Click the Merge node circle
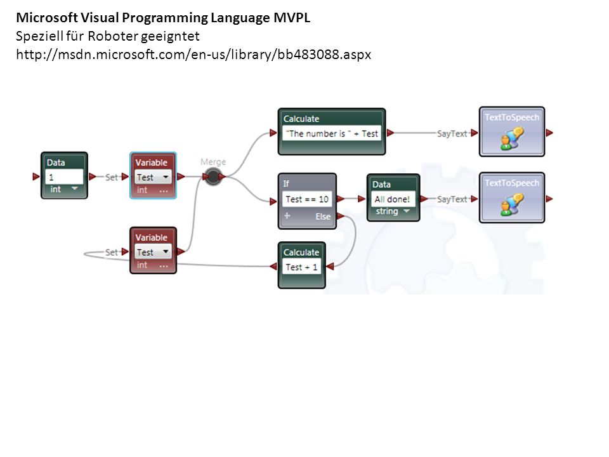pyautogui.click(x=213, y=177)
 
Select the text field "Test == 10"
pyautogui.click(x=307, y=199)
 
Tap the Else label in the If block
pyautogui.click(x=323, y=216)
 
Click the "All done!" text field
pyautogui.click(x=392, y=199)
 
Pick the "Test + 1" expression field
pyautogui.click(x=301, y=267)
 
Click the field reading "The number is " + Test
pyautogui.click(x=332, y=134)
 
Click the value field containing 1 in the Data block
pyautogui.click(x=64, y=177)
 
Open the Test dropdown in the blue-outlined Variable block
pyautogui.click(x=153, y=177)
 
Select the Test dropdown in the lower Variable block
pyautogui.click(x=153, y=252)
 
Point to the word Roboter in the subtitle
pyautogui.click(x=113, y=36)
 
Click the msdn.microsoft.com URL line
pyautogui.click(x=193, y=55)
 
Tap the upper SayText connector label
pyautogui.click(x=452, y=134)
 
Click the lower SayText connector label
pyautogui.click(x=452, y=199)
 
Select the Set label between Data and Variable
pyautogui.click(x=112, y=177)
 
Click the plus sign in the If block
pyautogui.click(x=287, y=216)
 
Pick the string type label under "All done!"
pyautogui.click(x=387, y=211)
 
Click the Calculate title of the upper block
pyautogui.click(x=301, y=119)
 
